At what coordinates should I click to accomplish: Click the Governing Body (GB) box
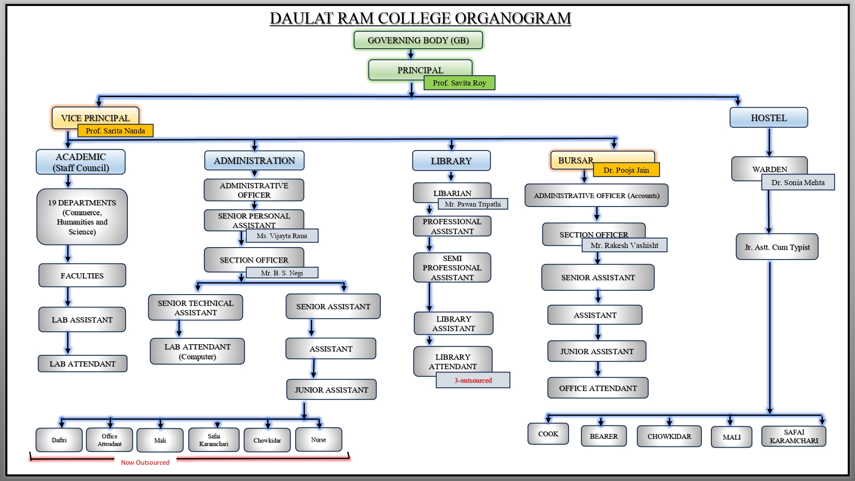pos(418,40)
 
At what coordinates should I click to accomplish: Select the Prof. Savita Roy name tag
pos(459,83)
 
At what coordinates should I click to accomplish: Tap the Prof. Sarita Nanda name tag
pos(115,131)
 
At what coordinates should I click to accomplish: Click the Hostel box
pos(768,118)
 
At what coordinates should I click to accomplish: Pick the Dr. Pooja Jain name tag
pos(626,170)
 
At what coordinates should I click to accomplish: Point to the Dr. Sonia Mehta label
pos(798,183)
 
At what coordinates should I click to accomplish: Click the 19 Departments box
pos(82,217)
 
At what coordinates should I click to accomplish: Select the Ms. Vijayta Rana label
pos(282,236)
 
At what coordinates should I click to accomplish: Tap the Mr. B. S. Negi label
pos(282,273)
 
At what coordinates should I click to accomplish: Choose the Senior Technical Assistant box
pos(195,307)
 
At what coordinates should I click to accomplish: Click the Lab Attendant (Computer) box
pos(197,351)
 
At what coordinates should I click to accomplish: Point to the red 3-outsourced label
pos(473,380)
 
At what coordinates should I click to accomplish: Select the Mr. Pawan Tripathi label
pos(472,204)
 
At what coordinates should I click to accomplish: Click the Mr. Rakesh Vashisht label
pos(624,245)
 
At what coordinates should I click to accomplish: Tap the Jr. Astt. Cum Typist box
pos(777,247)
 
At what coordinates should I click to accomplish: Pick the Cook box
pos(548,434)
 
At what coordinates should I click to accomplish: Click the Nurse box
pos(318,440)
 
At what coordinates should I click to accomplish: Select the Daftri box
pos(59,440)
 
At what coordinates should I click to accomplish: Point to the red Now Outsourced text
pos(145,462)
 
